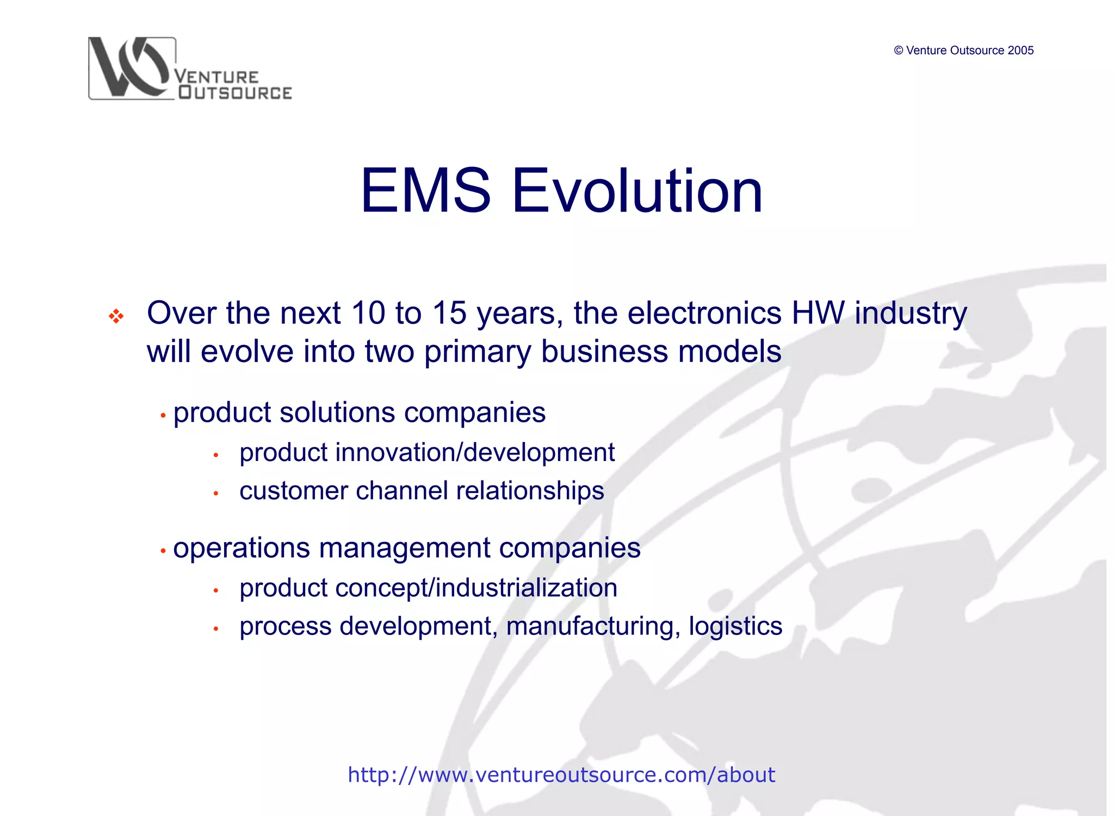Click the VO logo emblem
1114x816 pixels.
pos(131,68)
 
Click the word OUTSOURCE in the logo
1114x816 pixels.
pos(235,93)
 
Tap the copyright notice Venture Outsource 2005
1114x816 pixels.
pos(963,51)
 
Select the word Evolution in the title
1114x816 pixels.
pos(637,191)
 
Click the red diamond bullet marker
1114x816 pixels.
pos(116,316)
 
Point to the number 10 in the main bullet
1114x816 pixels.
pos(368,313)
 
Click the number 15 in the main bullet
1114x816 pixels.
pos(449,313)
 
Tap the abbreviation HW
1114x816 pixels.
pos(818,313)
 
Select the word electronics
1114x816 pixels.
pos(704,313)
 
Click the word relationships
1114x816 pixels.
pos(530,490)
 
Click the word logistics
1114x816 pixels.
pos(735,626)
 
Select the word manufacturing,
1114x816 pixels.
pos(593,626)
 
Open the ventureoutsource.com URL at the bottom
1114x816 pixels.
pos(561,775)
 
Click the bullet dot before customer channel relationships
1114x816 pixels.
pos(216,494)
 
